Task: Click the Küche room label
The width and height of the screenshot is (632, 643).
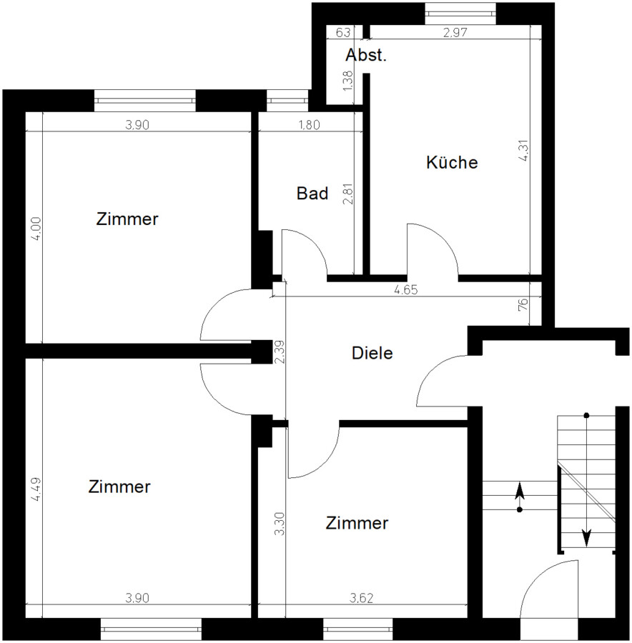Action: [x=452, y=162]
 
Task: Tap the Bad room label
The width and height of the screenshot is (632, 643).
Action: [x=312, y=193]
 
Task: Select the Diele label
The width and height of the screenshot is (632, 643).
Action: [x=372, y=353]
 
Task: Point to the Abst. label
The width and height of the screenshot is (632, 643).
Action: [x=366, y=55]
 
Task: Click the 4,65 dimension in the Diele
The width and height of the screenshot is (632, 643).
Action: [x=405, y=290]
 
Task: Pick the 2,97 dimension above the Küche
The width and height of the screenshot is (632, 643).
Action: [x=455, y=32]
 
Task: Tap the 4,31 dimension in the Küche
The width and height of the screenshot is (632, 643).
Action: [x=523, y=151]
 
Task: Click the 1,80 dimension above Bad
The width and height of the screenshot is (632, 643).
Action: [x=309, y=124]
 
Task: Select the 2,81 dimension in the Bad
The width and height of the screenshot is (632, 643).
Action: [x=347, y=194]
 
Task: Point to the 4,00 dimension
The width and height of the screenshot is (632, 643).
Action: [x=36, y=229]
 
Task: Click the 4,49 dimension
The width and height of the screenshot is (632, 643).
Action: [x=36, y=489]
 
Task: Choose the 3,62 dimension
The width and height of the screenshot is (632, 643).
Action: [x=361, y=599]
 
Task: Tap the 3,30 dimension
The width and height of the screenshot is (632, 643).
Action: [x=280, y=524]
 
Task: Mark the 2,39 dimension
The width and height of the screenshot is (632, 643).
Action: [x=280, y=352]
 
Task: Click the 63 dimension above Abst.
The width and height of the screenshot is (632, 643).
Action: [x=342, y=32]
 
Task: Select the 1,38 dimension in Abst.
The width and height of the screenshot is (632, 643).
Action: [x=347, y=81]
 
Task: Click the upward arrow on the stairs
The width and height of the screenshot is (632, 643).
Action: [x=520, y=497]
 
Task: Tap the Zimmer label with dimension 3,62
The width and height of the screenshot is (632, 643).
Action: [x=357, y=523]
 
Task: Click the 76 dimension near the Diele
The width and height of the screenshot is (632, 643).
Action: [x=523, y=304]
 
